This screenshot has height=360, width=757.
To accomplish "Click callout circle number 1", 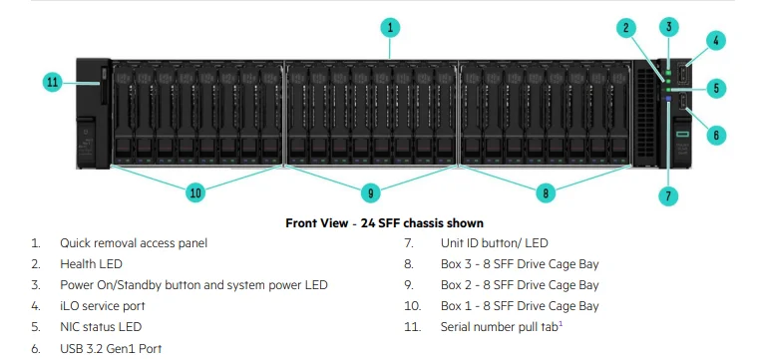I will pos(391,27).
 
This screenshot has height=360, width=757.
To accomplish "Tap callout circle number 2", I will pos(626,28).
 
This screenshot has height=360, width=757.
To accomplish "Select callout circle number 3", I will pos(669,27).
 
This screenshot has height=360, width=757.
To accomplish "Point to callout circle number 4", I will pos(715,42).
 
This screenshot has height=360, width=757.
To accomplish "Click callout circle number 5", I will pos(715,88).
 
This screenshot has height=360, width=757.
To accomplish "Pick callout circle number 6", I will pos(715,133).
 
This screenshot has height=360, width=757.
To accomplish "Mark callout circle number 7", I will pos(669,195).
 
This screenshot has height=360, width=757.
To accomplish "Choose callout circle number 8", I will pos(545,191).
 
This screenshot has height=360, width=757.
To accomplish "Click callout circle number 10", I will pos(195,191).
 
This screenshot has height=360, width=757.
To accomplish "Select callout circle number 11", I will pos(54,83).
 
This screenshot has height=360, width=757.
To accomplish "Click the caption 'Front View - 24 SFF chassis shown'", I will pos(384,222).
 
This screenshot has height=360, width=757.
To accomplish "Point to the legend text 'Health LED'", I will pos(92,263).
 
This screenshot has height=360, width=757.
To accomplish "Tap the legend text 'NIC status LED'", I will pos(101,327).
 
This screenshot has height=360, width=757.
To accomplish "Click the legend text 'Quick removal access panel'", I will pos(134,242).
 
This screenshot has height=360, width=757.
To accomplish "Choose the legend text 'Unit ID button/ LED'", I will pos(494,242).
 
